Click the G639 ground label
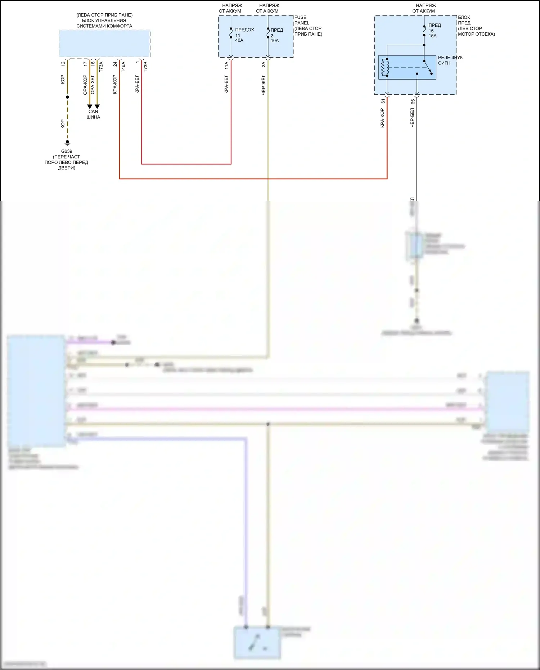pyautogui.click(x=67, y=151)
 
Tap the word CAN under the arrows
pyautogui.click(x=93, y=112)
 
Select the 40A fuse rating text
pyautogui.click(x=239, y=40)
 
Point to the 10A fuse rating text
pyautogui.click(x=275, y=41)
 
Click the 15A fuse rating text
pyautogui.click(x=432, y=36)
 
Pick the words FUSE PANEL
pyautogui.click(x=302, y=20)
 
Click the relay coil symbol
pyautogui.click(x=385, y=67)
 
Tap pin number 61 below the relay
pyautogui.click(x=383, y=102)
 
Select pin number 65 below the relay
pyautogui.click(x=413, y=102)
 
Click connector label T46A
pyautogui.click(x=123, y=67)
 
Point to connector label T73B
pyautogui.click(x=145, y=67)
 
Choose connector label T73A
pyautogui.click(x=101, y=67)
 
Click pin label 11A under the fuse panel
pyautogui.click(x=226, y=65)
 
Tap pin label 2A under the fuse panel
pyautogui.click(x=264, y=64)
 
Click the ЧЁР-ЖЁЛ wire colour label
pyautogui.click(x=264, y=85)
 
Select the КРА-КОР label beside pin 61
pyautogui.click(x=382, y=118)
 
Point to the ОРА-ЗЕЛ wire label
pyautogui.click(x=93, y=85)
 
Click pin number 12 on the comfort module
pyautogui.click(x=63, y=64)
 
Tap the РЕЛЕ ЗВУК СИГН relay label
pyautogui.click(x=450, y=60)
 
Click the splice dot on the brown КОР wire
pyautogui.click(x=67, y=97)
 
